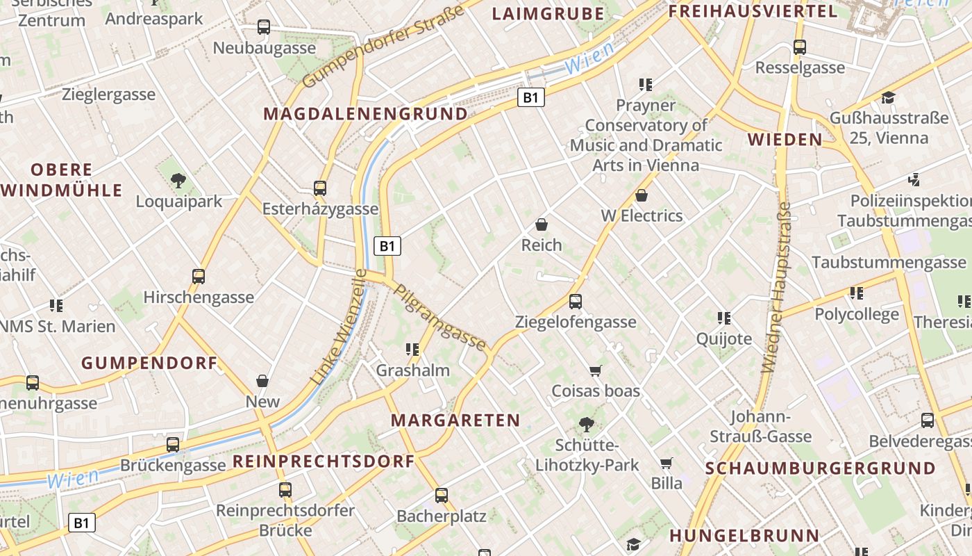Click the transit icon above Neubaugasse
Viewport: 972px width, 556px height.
pos(264,27)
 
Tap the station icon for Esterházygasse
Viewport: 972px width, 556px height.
pos(320,188)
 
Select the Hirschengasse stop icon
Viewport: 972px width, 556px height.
pos(199,276)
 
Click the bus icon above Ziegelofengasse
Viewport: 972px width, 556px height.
pos(576,301)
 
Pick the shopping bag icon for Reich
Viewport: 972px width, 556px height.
pos(542,224)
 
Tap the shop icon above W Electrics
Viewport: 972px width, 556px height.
pos(642,195)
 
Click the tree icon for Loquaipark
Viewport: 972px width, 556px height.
pos(178,181)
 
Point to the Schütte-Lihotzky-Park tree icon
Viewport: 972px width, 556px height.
pos(587,424)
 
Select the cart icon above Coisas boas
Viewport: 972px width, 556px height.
pos(595,370)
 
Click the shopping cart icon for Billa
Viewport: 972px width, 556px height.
pos(667,463)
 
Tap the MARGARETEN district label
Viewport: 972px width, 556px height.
pos(455,420)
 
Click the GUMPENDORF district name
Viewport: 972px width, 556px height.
pos(149,362)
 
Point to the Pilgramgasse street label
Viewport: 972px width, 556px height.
pos(440,316)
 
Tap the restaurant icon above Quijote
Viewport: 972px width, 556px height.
pos(724,318)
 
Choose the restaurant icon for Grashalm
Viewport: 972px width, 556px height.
pos(413,350)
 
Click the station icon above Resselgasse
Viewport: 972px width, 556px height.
pos(800,47)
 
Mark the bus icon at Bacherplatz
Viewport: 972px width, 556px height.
pos(442,496)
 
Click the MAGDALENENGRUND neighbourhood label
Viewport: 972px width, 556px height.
pos(365,114)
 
